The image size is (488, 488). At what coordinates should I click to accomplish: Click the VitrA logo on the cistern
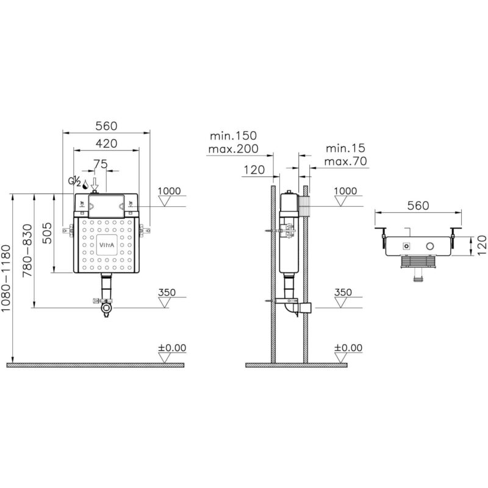pos(106,245)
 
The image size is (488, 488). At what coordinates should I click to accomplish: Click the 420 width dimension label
pos(106,143)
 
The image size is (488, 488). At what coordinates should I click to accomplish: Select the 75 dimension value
pos(101,164)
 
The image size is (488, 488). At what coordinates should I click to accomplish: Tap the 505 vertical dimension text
pos(47,233)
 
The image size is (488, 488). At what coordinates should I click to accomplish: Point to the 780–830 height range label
pos(27,250)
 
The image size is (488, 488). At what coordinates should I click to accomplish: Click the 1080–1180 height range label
pos(6,278)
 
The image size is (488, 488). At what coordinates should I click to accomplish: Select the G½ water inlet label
pos(74,181)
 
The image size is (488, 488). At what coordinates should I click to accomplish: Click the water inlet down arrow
pos(95,184)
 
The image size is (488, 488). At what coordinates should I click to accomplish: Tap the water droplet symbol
pos(85,184)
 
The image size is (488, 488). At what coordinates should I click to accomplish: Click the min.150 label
pos(234,135)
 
